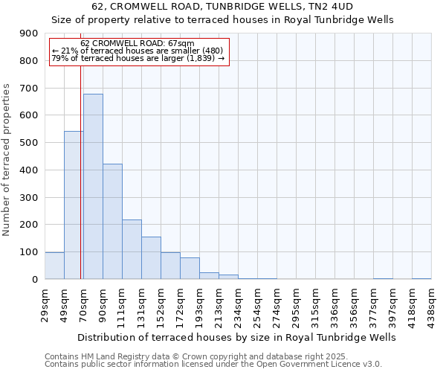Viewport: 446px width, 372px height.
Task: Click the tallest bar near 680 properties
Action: click(x=93, y=186)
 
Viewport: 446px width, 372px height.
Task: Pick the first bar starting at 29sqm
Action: click(x=54, y=266)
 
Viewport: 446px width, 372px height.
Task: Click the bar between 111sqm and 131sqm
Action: click(x=132, y=249)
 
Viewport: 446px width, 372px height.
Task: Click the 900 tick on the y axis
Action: click(x=30, y=33)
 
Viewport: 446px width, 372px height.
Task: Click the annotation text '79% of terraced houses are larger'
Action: click(x=138, y=58)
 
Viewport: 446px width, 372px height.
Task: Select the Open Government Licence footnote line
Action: click(x=213, y=364)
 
